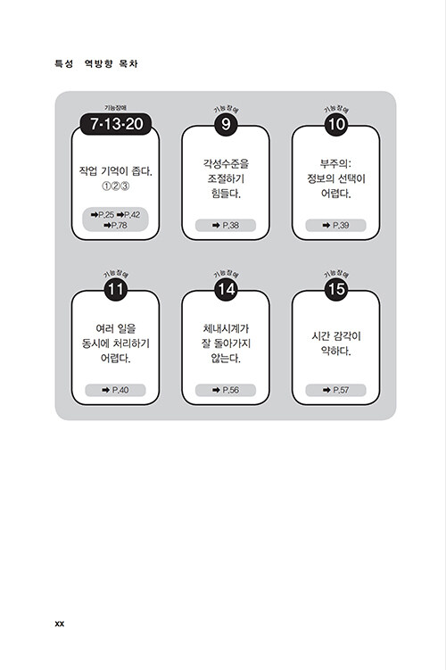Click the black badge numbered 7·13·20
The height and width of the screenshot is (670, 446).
(x=116, y=124)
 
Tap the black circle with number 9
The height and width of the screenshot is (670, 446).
(x=226, y=124)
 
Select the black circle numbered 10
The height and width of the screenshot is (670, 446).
(x=335, y=124)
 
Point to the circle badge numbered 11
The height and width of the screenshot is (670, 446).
(x=116, y=289)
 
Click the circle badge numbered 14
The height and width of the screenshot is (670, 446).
(x=226, y=289)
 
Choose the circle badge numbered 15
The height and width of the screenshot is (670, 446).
(x=335, y=289)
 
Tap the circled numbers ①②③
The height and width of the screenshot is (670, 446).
(x=115, y=186)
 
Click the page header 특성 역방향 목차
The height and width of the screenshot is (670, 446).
(x=96, y=63)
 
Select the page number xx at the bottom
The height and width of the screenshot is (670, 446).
(x=60, y=624)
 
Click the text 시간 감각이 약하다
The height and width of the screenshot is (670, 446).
(x=335, y=343)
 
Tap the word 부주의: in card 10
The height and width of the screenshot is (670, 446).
(x=335, y=163)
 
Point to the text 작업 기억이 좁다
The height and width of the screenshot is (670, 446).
(x=115, y=171)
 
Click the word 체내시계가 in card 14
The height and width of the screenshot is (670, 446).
(x=226, y=328)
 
